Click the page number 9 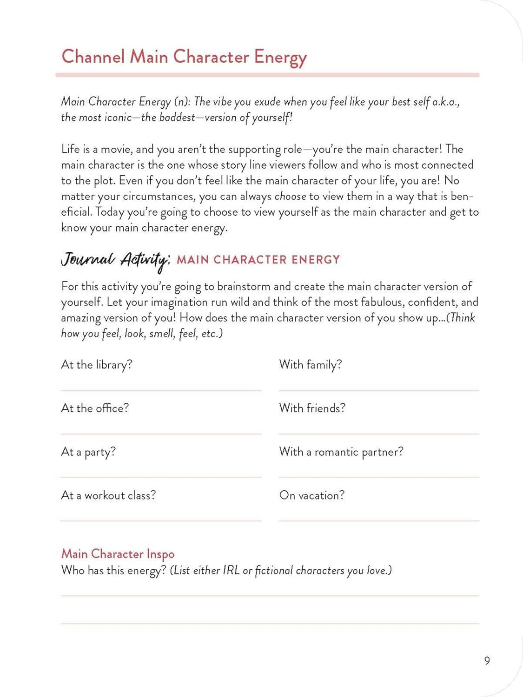click(x=487, y=660)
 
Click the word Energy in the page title click(x=280, y=58)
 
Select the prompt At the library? click(x=97, y=365)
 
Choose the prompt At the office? click(x=95, y=408)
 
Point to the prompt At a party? click(x=88, y=452)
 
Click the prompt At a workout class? click(x=108, y=495)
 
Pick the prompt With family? click(x=311, y=365)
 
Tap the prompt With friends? click(x=312, y=408)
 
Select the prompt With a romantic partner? click(x=341, y=452)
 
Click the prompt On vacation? click(x=312, y=495)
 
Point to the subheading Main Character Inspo click(x=118, y=554)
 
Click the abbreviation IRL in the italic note click(x=231, y=570)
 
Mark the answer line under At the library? click(x=161, y=390)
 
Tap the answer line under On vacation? click(x=379, y=520)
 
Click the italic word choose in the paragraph click(x=290, y=197)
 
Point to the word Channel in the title click(x=93, y=57)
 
